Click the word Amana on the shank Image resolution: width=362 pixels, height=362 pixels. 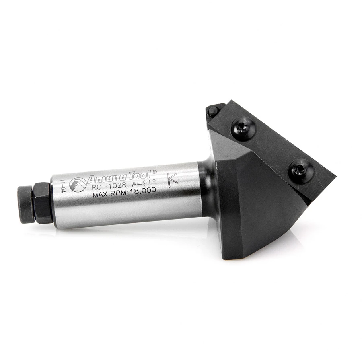[107, 179]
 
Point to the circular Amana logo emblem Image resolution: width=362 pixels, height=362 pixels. [78, 185]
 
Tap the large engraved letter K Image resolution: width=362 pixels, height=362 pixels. [172, 180]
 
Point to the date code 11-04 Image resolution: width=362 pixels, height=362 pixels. [62, 186]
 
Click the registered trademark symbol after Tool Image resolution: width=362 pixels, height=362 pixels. [154, 172]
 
